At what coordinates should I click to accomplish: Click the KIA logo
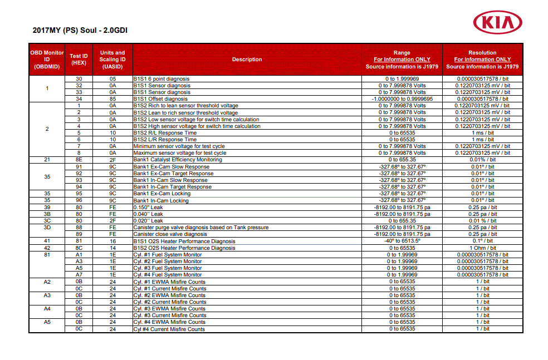(497, 23)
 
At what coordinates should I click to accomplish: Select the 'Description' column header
(247, 60)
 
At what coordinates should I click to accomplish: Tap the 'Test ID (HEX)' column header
(79, 60)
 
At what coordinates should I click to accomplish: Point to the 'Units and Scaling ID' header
(112, 60)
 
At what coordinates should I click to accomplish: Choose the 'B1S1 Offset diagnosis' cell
(160, 99)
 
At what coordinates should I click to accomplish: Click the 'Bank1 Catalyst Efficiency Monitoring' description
(177, 160)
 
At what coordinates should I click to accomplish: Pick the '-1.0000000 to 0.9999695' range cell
(402, 99)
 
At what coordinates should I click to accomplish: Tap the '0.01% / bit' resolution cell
(482, 160)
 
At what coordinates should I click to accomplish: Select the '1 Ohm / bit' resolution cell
(482, 248)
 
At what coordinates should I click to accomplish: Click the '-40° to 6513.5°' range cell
(402, 241)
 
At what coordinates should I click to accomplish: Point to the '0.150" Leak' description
(148, 207)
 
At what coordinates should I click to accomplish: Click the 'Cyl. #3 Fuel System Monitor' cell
(167, 268)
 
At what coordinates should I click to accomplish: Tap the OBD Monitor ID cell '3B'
(47, 214)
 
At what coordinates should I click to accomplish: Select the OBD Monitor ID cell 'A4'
(47, 308)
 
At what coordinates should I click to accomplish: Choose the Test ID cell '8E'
(79, 160)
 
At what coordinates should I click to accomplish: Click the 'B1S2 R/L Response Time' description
(165, 133)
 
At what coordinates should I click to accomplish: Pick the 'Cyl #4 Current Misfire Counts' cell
(169, 329)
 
